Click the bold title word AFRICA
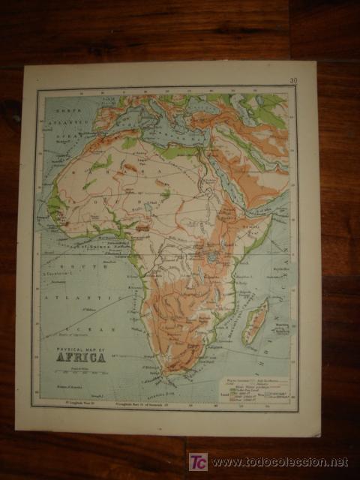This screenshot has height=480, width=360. [80, 356]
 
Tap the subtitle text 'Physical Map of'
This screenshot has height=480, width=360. [79, 347]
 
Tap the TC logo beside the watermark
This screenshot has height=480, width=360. [198, 462]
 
